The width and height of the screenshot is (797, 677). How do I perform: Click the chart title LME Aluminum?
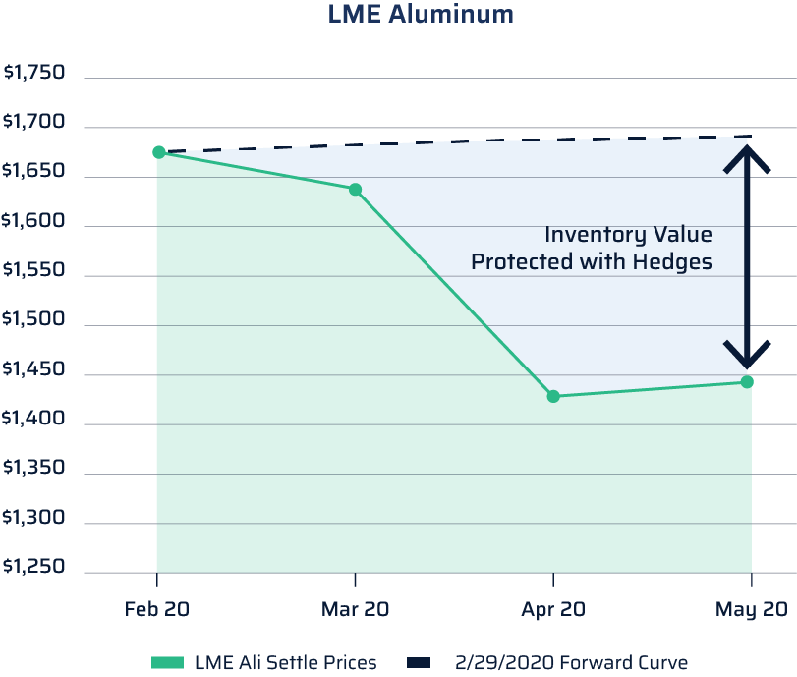coord(420,15)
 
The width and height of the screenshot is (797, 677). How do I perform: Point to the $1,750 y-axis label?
coord(34,73)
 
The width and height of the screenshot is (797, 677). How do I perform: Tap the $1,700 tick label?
coord(34,123)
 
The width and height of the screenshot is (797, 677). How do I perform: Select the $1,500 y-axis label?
coord(34,320)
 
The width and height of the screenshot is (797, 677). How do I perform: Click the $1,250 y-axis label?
coord(34,567)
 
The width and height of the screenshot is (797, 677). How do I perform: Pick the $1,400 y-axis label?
coord(34,420)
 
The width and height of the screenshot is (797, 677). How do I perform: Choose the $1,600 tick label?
coord(34,221)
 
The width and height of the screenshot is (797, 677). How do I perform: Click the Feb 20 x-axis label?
coord(157,609)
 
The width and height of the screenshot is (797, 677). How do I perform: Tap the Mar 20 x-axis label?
coord(355,609)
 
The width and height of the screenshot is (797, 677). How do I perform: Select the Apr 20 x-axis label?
coord(553,609)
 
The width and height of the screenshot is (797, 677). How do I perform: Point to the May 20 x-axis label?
coord(752,609)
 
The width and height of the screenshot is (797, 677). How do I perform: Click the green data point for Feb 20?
coord(158,152)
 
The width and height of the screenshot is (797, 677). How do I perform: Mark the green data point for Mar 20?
coord(355,189)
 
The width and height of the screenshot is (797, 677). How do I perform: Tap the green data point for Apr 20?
coord(553,396)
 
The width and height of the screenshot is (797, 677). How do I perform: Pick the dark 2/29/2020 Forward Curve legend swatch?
coord(419,663)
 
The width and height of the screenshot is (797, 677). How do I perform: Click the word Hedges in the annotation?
coord(674,262)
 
